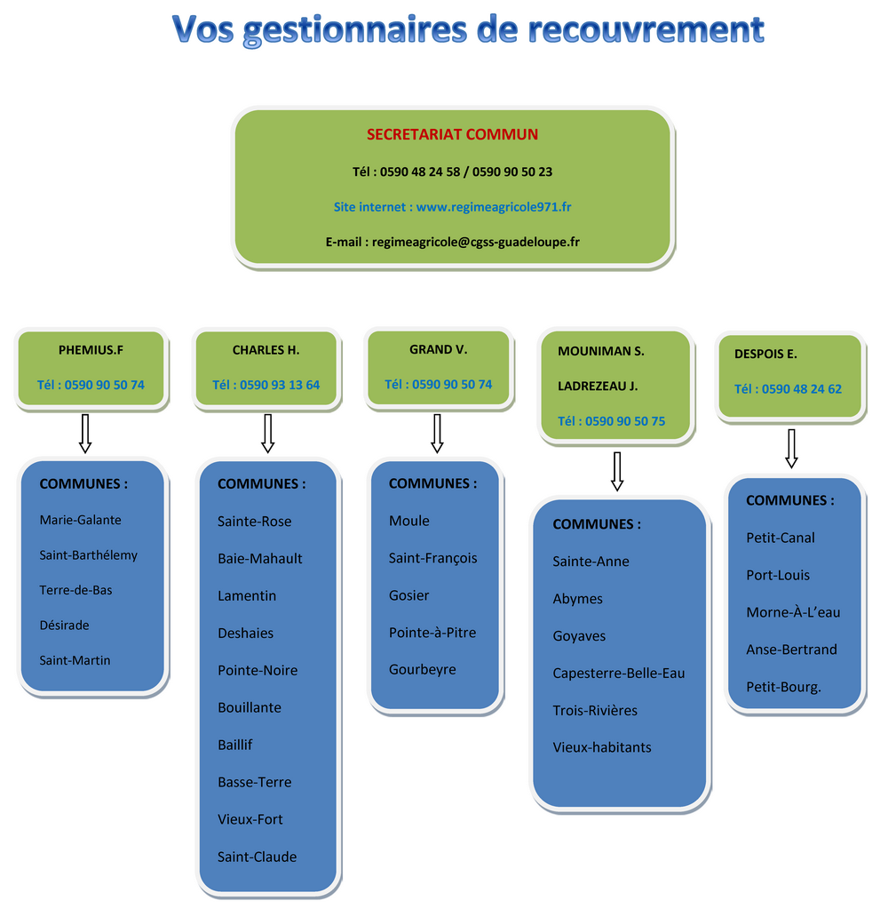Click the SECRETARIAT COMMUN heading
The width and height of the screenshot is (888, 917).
click(x=452, y=134)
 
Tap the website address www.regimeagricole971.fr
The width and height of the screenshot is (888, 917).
click(x=494, y=207)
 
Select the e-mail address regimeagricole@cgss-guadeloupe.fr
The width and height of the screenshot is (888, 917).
click(x=475, y=242)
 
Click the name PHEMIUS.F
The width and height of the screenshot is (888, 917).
click(x=91, y=350)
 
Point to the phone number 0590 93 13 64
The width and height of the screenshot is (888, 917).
click(x=280, y=385)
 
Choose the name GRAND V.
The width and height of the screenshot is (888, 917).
click(x=438, y=350)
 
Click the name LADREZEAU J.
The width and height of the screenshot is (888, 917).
click(x=598, y=386)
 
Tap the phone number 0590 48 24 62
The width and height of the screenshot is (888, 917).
click(x=802, y=389)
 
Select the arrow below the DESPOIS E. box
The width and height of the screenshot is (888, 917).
click(x=791, y=449)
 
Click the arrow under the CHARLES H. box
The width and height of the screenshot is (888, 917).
click(x=268, y=434)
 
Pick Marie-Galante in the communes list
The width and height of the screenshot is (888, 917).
click(x=81, y=520)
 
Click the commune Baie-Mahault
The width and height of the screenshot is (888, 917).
click(x=260, y=559)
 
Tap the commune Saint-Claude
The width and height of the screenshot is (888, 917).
click(x=258, y=857)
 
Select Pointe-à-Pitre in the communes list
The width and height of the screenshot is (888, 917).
click(x=432, y=632)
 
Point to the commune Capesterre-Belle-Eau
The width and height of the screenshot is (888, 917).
click(x=619, y=674)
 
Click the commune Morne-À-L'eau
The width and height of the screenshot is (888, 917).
click(x=793, y=612)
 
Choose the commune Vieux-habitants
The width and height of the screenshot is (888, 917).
click(x=602, y=747)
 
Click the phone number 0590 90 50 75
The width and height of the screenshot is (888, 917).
click(x=625, y=421)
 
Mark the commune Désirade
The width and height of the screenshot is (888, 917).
click(x=64, y=626)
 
